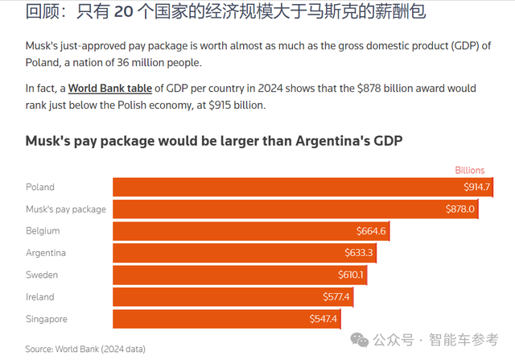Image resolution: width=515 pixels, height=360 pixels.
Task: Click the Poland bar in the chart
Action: coord(302,187)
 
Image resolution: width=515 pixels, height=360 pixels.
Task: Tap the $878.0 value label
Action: coord(461,209)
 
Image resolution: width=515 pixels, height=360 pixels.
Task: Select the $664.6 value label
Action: coord(372,231)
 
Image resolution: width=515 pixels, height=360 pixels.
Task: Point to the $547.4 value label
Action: coord(323,319)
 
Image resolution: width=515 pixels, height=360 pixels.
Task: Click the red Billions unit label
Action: coord(470,170)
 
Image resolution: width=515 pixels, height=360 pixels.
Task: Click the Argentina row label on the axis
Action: coord(46,253)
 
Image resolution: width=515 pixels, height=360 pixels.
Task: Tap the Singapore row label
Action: coord(46,319)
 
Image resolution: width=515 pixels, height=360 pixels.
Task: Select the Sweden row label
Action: coord(42,275)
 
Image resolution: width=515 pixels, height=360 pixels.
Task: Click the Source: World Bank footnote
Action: coord(84,349)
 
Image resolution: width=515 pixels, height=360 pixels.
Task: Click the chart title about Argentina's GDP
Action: coord(213,141)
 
